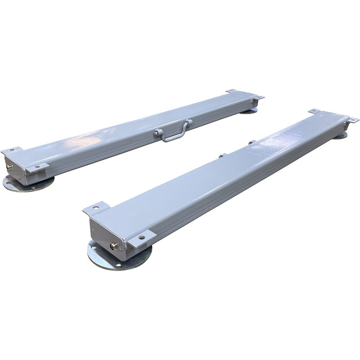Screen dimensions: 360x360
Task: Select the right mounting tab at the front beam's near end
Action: point(141,238)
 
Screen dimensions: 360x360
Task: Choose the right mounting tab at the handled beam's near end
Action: point(38,168)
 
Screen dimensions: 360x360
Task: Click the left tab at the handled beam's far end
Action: point(231,91)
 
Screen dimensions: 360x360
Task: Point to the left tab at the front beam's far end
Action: point(314,111)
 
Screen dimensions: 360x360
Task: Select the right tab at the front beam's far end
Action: point(352,120)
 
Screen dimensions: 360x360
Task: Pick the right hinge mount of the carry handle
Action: point(189,123)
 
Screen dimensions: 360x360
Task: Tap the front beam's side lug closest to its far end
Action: point(251,142)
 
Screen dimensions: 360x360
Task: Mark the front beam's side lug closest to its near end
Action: point(222,155)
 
